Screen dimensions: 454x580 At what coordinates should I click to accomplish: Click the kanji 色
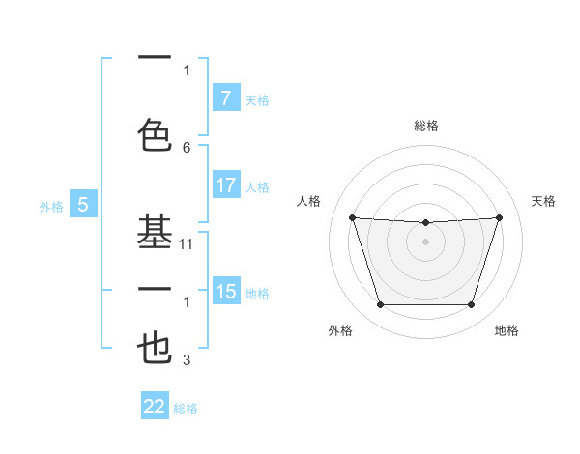(155, 134)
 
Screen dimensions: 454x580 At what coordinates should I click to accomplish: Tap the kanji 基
(155, 232)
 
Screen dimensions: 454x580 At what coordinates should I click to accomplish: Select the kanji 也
(155, 349)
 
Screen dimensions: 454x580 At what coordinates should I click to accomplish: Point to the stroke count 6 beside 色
(187, 148)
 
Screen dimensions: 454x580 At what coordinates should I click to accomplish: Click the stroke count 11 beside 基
(187, 244)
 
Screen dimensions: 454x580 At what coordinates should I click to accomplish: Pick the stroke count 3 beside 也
(187, 361)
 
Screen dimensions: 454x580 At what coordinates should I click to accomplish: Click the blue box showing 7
(225, 99)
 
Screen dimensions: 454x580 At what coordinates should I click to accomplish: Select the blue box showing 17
(225, 185)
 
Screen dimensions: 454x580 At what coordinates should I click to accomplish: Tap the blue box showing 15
(225, 292)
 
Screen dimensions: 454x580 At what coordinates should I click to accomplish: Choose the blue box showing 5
(83, 205)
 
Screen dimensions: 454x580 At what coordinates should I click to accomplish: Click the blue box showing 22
(155, 407)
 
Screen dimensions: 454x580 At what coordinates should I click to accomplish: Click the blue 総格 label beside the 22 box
(187, 409)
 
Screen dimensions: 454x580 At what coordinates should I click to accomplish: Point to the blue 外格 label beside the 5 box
(51, 206)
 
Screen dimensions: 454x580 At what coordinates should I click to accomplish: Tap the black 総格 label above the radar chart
(425, 126)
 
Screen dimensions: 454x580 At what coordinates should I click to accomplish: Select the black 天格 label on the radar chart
(543, 201)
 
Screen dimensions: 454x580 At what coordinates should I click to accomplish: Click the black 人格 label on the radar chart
(308, 201)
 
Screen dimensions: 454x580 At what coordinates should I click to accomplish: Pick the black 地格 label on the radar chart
(507, 330)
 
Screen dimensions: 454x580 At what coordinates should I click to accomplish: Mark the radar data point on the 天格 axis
(499, 217)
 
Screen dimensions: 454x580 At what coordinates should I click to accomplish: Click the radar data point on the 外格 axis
(380, 305)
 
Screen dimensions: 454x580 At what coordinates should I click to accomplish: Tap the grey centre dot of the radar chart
(425, 241)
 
